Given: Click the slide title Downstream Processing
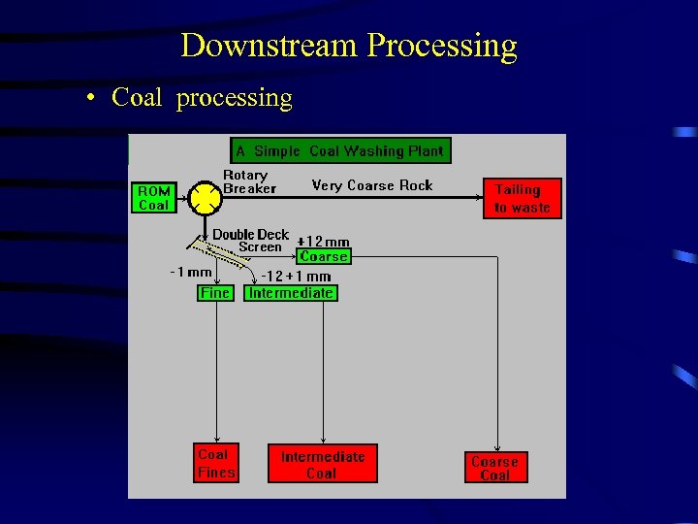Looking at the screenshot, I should (x=348, y=46).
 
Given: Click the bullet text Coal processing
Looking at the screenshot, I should (x=202, y=98).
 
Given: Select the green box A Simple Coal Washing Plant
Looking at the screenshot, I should (x=340, y=150).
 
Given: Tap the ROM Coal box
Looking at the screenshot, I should (x=153, y=198).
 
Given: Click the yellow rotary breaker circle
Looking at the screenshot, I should (x=205, y=198).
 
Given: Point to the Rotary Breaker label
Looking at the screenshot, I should (x=249, y=181).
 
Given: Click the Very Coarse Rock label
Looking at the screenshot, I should (x=372, y=185).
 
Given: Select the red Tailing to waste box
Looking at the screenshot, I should (x=522, y=198).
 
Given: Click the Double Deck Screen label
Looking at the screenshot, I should (x=250, y=241).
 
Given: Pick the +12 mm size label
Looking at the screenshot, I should (x=323, y=242).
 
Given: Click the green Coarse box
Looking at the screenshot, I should (x=324, y=256).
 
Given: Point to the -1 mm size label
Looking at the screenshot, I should (x=191, y=273).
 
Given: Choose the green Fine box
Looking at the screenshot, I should (x=215, y=292).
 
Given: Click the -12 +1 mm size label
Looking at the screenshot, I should (x=296, y=277).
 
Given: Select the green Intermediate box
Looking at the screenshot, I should (x=291, y=292).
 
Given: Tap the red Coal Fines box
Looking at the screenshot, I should (x=216, y=463).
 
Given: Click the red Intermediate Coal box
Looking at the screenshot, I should (x=322, y=464).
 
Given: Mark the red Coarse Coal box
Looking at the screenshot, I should (x=494, y=468).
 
